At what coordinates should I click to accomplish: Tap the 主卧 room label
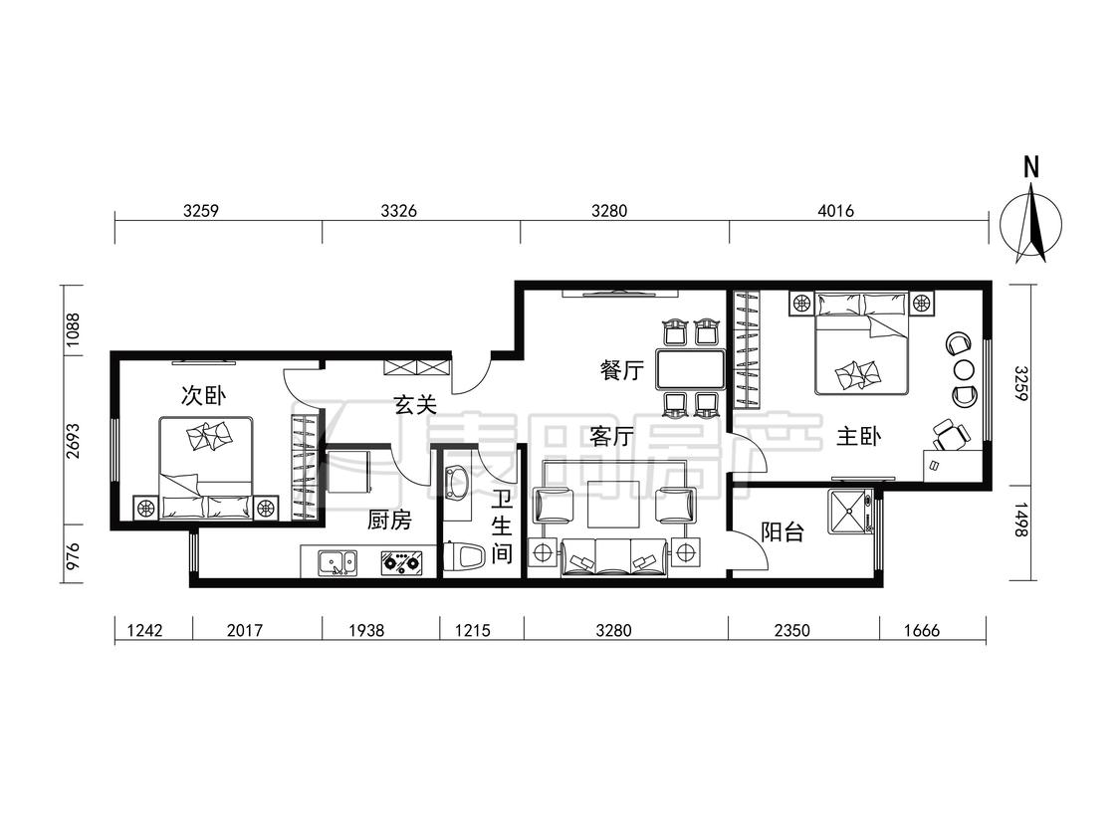tap(858, 437)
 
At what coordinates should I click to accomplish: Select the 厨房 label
tap(389, 520)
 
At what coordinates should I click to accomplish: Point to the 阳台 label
tap(783, 532)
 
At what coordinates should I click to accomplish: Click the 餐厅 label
tap(622, 370)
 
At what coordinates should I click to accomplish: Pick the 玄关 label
tap(415, 406)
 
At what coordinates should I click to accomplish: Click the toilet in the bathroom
tap(464, 556)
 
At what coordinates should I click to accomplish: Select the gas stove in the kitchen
tap(401, 563)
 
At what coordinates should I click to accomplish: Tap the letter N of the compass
tap(1030, 168)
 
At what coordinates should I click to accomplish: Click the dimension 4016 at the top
tap(835, 211)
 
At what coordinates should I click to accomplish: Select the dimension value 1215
tap(473, 630)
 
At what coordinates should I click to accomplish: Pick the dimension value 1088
tap(74, 330)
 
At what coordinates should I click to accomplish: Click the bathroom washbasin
tap(455, 483)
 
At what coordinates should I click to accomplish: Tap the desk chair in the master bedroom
tap(951, 434)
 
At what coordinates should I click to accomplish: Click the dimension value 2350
tap(792, 630)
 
